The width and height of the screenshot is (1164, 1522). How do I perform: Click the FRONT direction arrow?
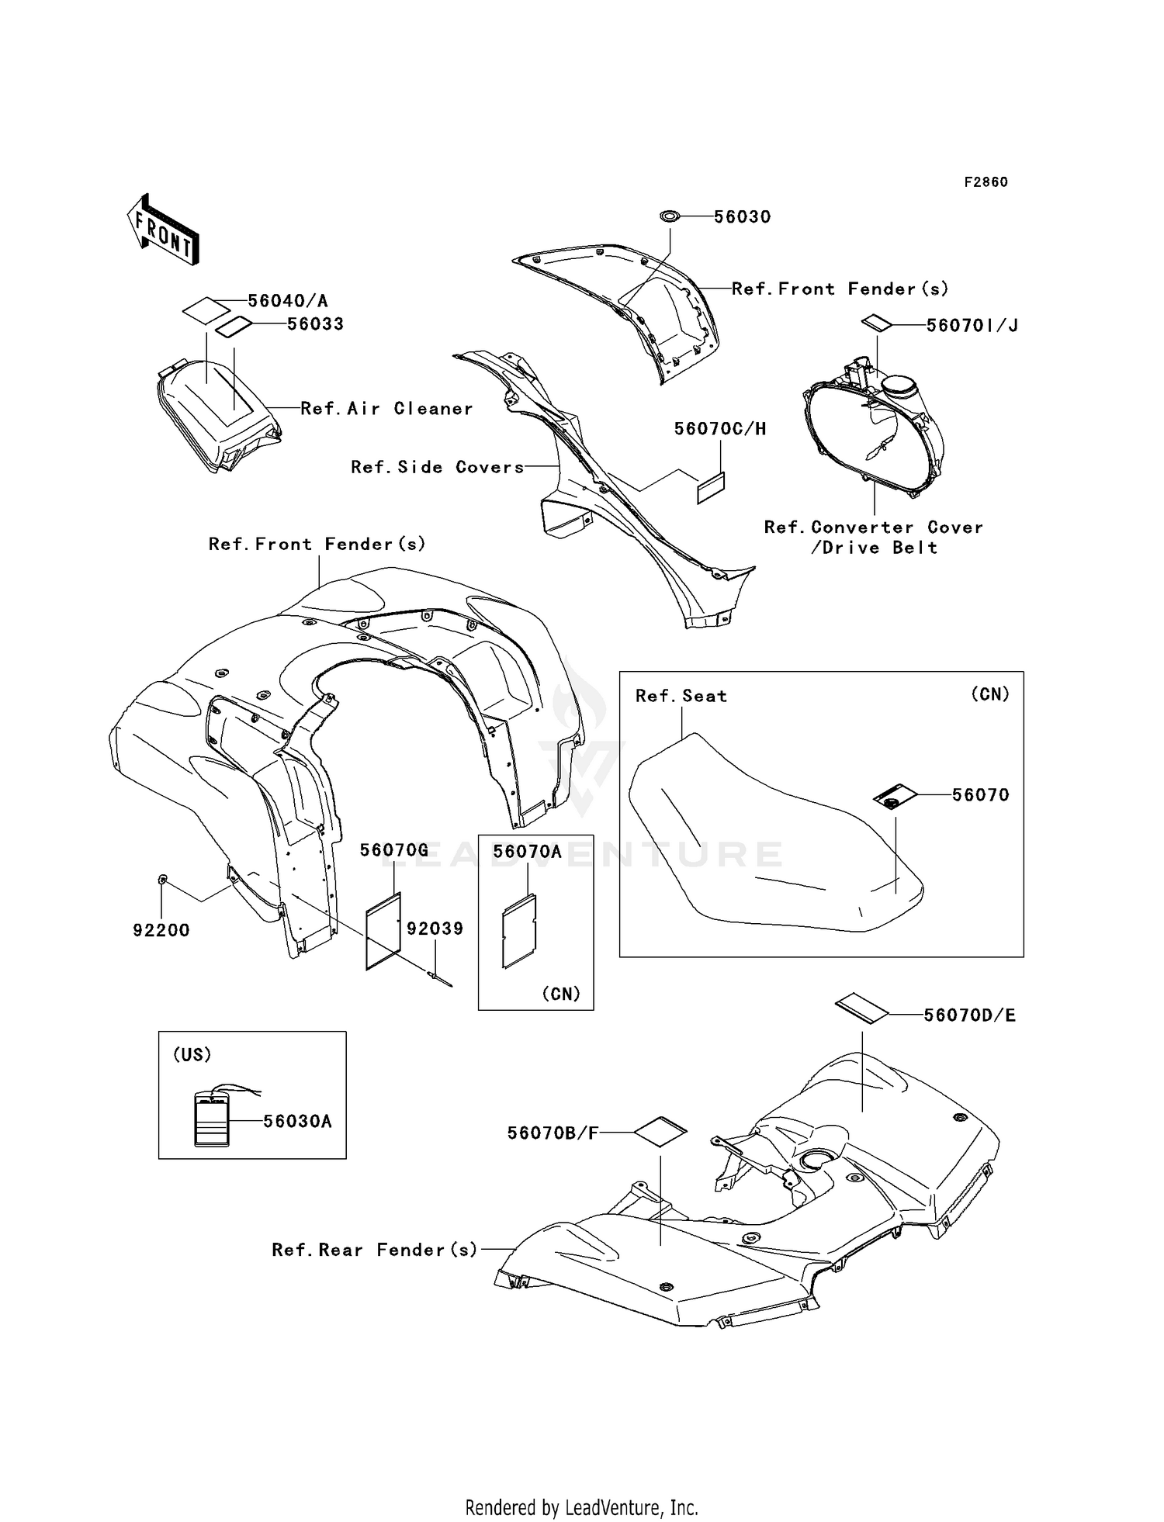click(163, 229)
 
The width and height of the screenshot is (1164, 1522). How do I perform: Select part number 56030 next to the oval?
click(742, 217)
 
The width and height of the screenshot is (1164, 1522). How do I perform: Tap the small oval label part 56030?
click(669, 216)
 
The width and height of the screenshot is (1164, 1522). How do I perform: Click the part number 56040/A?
click(288, 301)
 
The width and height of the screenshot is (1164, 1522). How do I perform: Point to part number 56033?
click(315, 324)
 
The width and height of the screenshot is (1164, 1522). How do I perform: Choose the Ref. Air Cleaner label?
click(386, 409)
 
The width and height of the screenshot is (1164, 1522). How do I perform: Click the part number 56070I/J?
click(972, 326)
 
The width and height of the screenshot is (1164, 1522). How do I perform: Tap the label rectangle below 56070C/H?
click(711, 488)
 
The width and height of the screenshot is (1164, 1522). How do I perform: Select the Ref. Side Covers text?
click(438, 467)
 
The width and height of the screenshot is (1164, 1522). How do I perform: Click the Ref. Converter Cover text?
click(874, 528)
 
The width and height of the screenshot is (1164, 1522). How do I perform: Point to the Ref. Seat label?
click(681, 696)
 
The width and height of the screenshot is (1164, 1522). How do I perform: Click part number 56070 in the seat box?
click(981, 795)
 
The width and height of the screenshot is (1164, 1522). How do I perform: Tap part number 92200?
click(161, 930)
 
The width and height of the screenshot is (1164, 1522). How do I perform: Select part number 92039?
click(435, 929)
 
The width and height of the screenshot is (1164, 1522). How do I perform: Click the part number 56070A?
click(527, 852)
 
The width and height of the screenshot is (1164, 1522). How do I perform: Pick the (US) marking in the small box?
click(192, 1055)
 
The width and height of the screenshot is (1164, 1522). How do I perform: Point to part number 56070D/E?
click(969, 1015)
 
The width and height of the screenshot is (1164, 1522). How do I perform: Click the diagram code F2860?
click(986, 182)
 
